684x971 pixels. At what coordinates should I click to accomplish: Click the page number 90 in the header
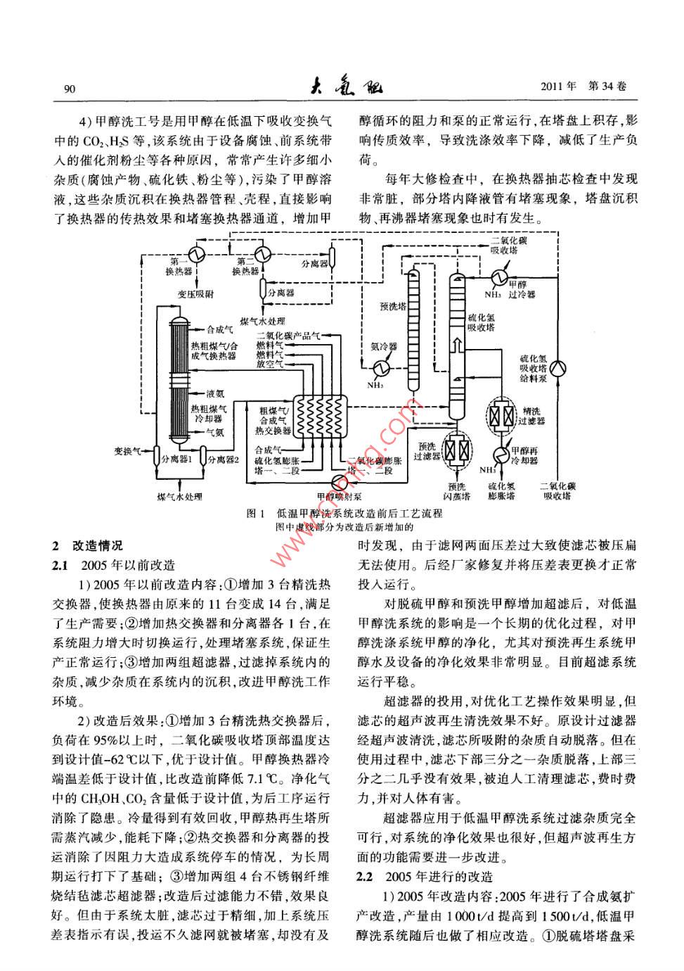[x=69, y=89]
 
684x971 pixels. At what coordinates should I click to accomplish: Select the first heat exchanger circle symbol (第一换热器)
[x=196, y=253]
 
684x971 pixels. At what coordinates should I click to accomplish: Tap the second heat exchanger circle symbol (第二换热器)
[x=264, y=253]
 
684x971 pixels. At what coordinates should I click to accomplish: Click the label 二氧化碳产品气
[x=288, y=336]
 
